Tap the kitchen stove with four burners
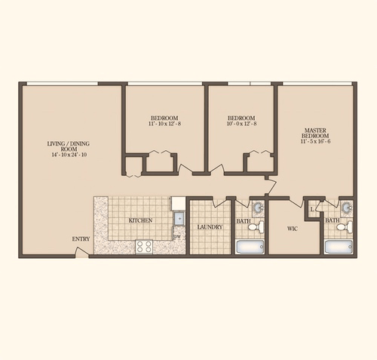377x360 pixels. (144, 246)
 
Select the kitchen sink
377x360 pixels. (179, 219)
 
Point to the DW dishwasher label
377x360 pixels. (177, 238)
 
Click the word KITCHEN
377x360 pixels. (140, 220)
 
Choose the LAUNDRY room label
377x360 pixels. (209, 226)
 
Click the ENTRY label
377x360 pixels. (81, 239)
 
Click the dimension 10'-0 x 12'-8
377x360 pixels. (241, 125)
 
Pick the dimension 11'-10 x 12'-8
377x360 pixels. (164, 125)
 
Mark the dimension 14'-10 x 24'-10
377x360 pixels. (69, 155)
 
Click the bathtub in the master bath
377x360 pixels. (340, 246)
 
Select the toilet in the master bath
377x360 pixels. (342, 226)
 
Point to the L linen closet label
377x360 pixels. (313, 211)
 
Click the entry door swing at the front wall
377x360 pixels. (81, 252)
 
